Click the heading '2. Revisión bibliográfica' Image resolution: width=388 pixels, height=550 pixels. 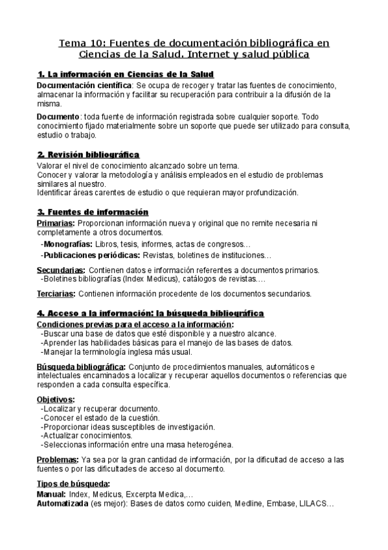pyautogui.click(x=87, y=154)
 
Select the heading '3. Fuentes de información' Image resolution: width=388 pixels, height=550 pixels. pyautogui.click(x=93, y=212)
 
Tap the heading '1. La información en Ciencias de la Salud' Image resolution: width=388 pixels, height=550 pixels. pyautogui.click(x=125, y=75)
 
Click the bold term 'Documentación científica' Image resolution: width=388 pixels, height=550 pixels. pyautogui.click(x=84, y=85)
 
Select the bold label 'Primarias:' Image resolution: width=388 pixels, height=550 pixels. pyautogui.click(x=56, y=223)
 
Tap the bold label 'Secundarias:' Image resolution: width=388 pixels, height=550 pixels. pyautogui.click(x=60, y=270)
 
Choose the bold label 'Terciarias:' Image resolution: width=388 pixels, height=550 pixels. pyautogui.click(x=56, y=294)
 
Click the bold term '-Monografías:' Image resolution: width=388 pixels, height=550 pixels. pyautogui.click(x=65, y=245)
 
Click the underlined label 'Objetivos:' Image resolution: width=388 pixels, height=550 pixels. pyautogui.click(x=55, y=399)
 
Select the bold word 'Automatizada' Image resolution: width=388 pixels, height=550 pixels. pyautogui.click(x=62, y=503)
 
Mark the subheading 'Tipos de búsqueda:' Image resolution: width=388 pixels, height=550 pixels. pyautogui.click(x=73, y=484)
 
